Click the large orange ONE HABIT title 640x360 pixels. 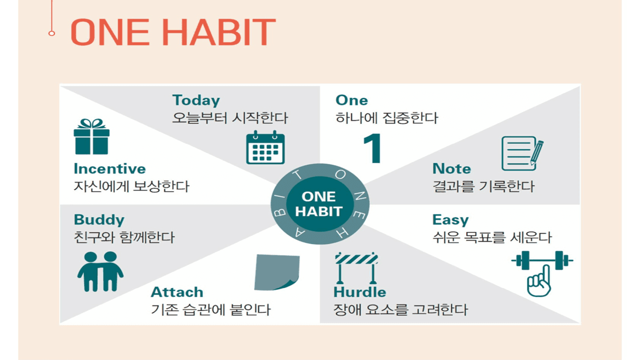click(x=173, y=31)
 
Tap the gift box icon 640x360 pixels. click(x=91, y=136)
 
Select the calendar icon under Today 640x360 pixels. click(x=265, y=147)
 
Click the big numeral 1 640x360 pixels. click(x=372, y=148)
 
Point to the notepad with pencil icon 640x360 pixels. click(x=522, y=153)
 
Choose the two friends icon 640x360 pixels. click(x=100, y=271)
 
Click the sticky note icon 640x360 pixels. click(x=277, y=272)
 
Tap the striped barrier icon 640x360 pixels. click(x=356, y=268)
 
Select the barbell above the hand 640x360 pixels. click(x=542, y=260)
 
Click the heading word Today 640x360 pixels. click(x=196, y=100)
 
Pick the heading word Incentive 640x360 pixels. click(x=109, y=168)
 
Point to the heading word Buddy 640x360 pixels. click(x=99, y=220)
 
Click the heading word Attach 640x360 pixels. click(x=177, y=292)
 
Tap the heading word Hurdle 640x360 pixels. click(x=359, y=292)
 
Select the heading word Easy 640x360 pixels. click(x=450, y=220)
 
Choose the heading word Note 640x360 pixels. click(x=451, y=168)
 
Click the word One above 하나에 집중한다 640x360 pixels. click(x=351, y=100)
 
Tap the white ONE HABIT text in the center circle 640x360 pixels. click(x=319, y=204)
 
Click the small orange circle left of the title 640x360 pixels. click(x=51, y=33)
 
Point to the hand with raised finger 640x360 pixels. click(x=539, y=281)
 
